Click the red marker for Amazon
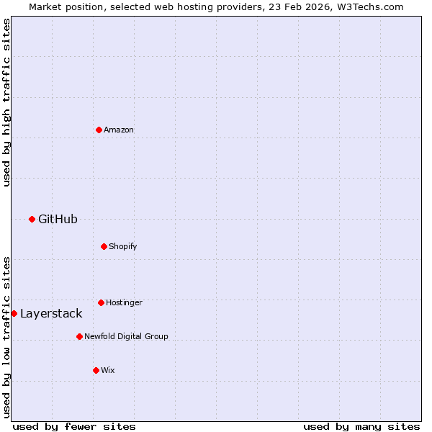pos(99,130)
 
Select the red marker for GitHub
pos(32,219)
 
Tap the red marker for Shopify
pos(104,246)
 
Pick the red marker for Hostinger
pos(101,302)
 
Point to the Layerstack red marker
pos(14,313)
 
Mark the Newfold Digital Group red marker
pos(79,336)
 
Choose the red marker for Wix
pos(96,370)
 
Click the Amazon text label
pos(119,130)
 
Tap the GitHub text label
pos(58,219)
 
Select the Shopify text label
pos(123,246)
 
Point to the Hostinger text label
pos(124,302)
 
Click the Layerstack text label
pos(51,313)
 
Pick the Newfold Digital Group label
pos(126,336)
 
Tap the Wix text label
pos(108,370)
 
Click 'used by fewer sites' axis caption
pos(74,426)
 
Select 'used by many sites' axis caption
pos(361,426)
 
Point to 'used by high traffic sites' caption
pos(6,102)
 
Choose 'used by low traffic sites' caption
pos(6,336)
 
